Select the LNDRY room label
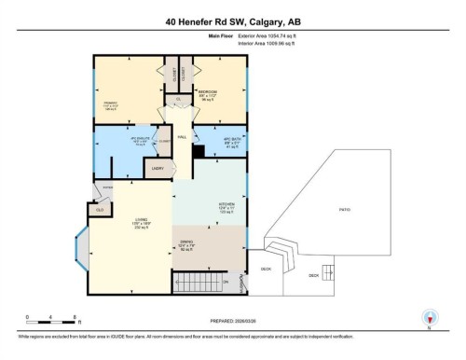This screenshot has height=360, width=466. point(157,168)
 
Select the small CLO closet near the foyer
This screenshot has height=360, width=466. point(101,210)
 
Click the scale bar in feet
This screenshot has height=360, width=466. point(54,321)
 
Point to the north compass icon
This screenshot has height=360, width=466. point(429,317)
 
